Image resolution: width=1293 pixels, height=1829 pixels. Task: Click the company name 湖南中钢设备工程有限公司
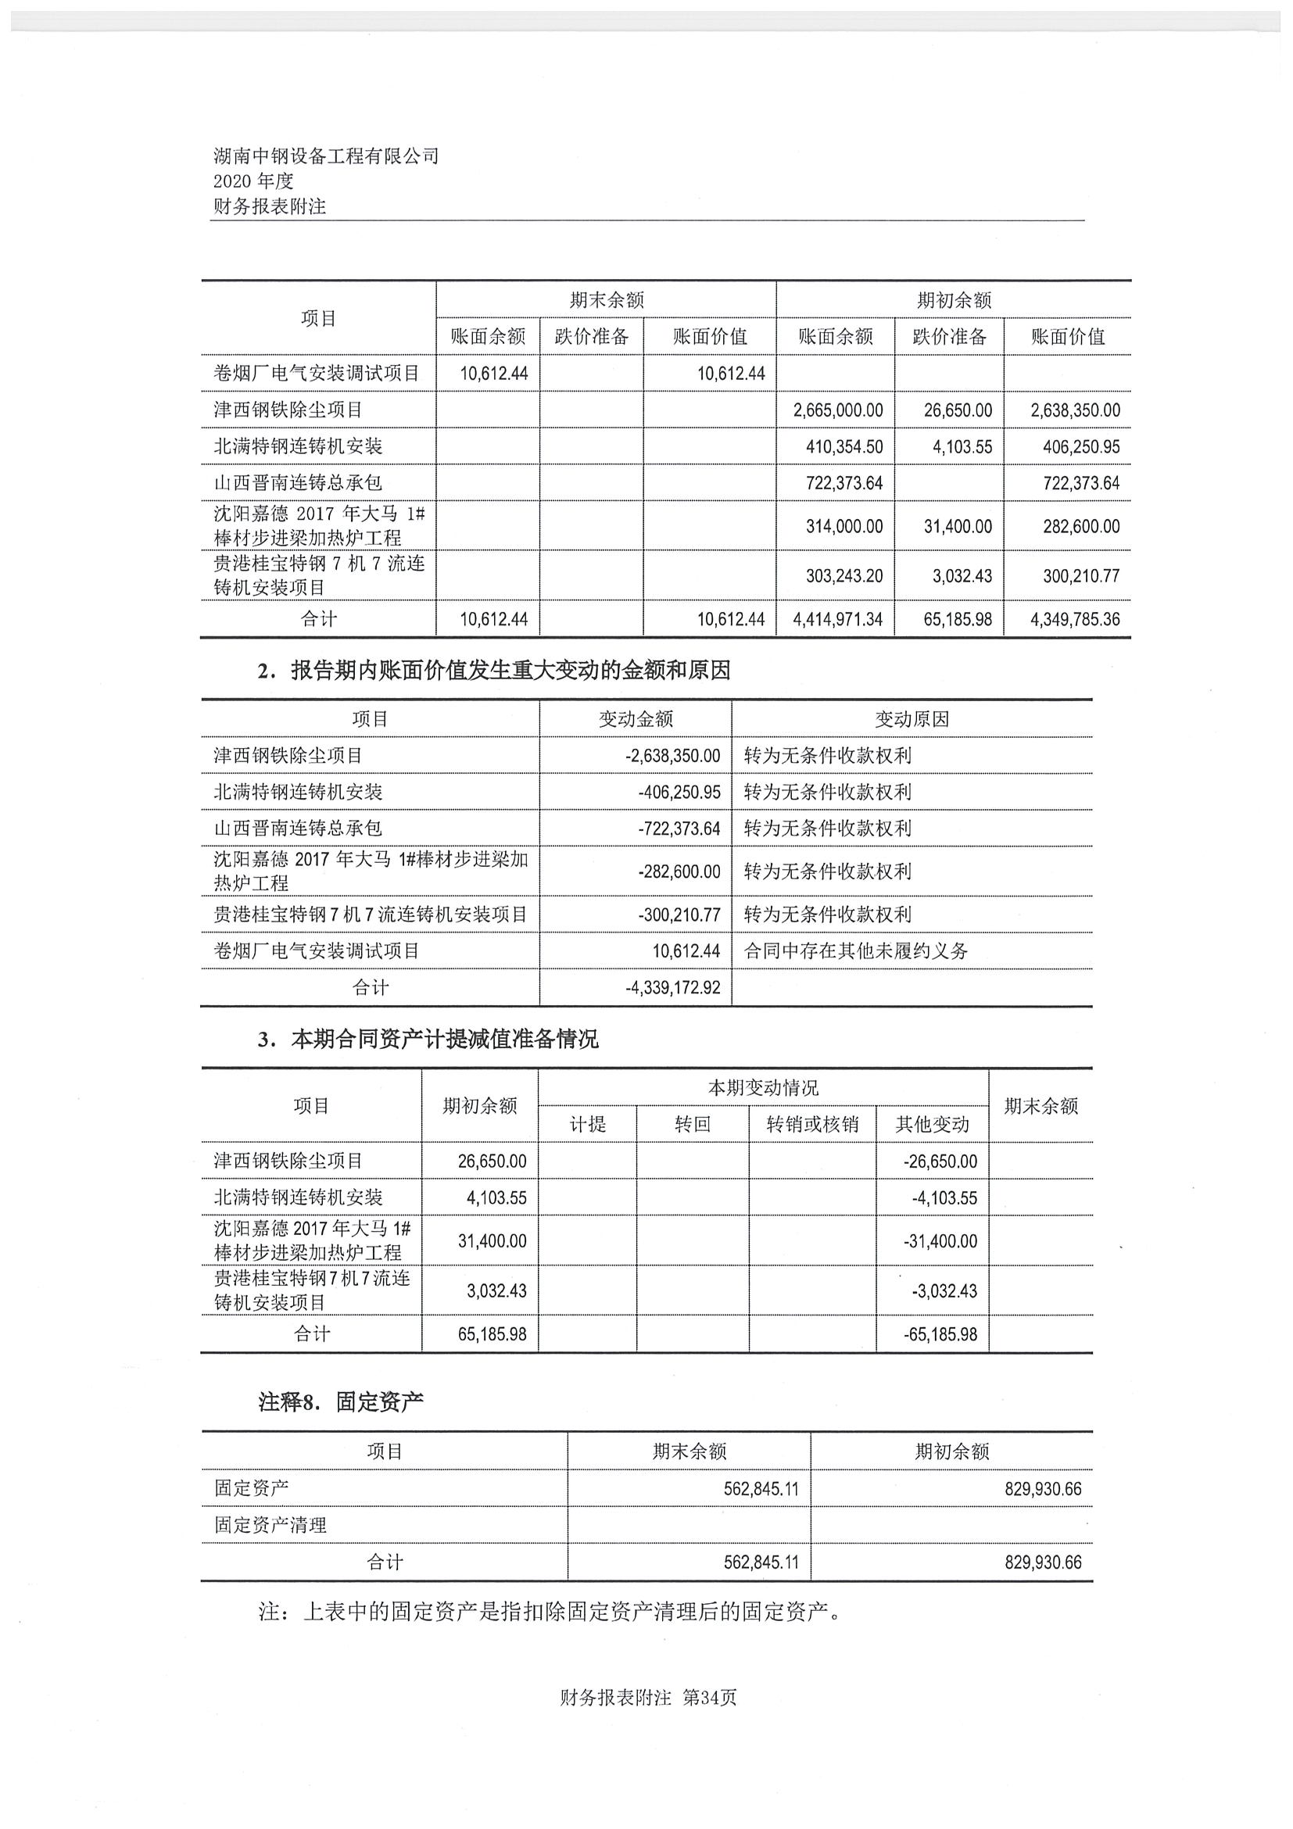pos(326,156)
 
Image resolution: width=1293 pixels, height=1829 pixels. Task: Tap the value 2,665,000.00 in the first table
pos(837,410)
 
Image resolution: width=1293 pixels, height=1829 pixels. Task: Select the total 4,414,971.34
pos(837,619)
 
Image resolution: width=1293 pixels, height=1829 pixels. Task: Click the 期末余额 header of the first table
pos(606,300)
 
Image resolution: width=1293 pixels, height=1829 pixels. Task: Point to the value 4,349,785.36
pos(1074,619)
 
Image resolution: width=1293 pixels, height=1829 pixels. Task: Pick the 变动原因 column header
pos(912,719)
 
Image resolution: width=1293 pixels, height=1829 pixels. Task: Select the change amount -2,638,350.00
pos(672,755)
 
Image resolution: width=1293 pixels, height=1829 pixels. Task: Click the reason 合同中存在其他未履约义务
pos(856,950)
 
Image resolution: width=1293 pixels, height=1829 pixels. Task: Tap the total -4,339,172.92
pos(672,988)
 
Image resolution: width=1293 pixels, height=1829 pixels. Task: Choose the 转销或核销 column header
pos(811,1124)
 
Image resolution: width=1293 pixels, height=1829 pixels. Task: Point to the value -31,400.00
pos(940,1240)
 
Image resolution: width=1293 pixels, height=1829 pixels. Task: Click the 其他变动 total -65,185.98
pos(940,1334)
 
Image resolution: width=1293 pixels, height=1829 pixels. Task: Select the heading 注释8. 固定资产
pos(340,1402)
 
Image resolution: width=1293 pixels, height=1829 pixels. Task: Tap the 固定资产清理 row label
pos(270,1525)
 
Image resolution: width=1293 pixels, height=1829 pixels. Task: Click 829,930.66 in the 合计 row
pos(1043,1562)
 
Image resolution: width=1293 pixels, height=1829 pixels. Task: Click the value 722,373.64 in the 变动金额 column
pos(679,829)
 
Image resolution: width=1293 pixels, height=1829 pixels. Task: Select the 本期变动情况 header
pos(762,1087)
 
